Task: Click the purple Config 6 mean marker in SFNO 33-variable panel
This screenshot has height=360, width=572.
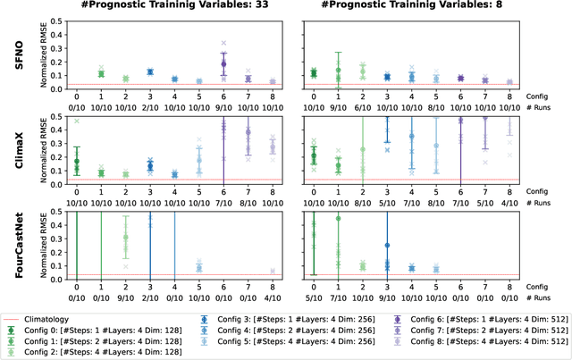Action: point(223,64)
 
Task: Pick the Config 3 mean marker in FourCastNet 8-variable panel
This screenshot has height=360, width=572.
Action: point(386,245)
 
